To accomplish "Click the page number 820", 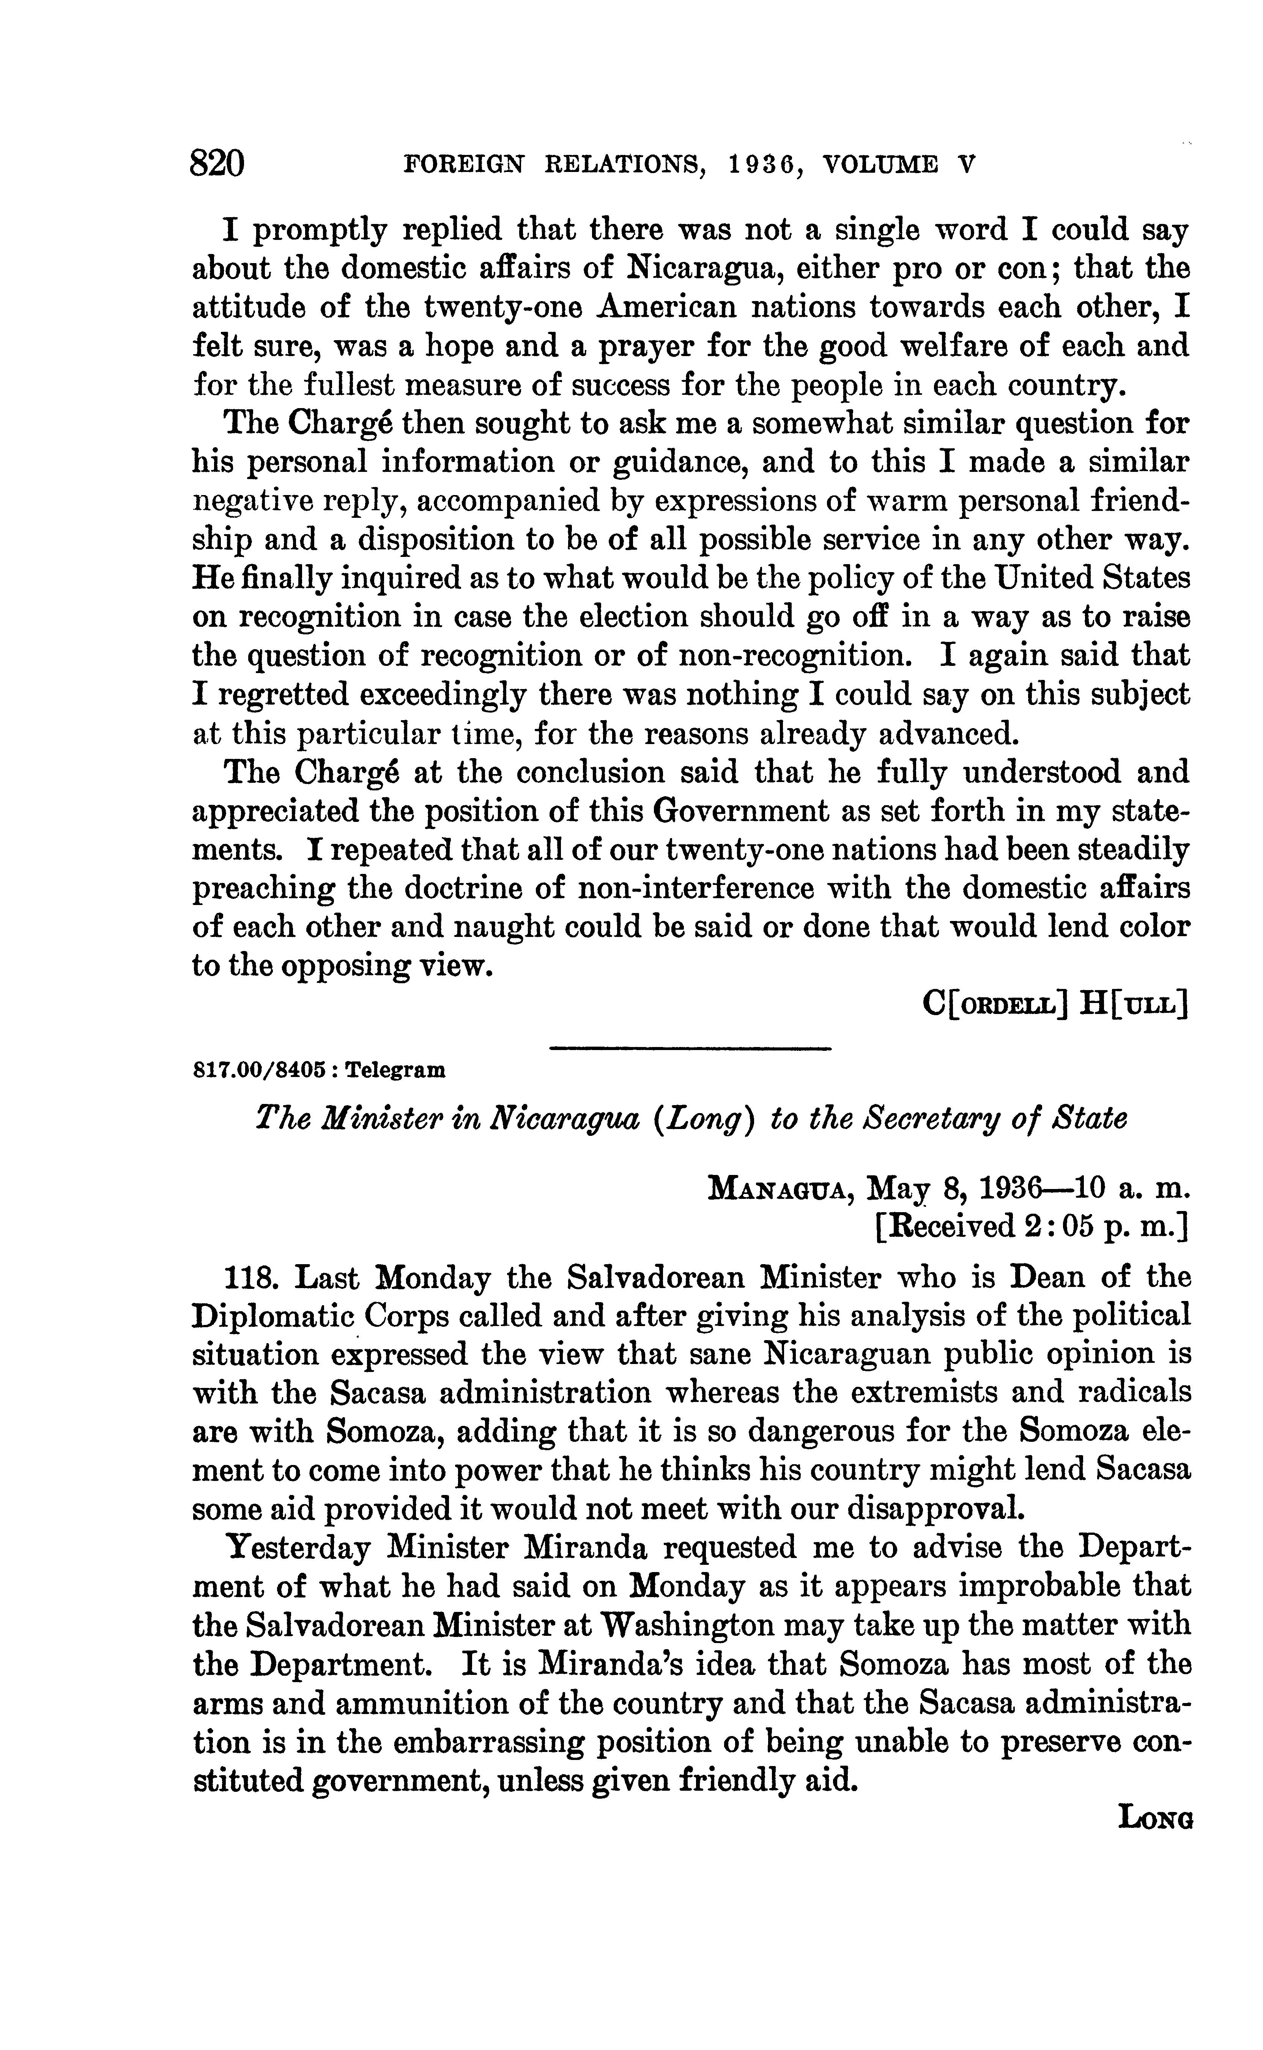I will (217, 162).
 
